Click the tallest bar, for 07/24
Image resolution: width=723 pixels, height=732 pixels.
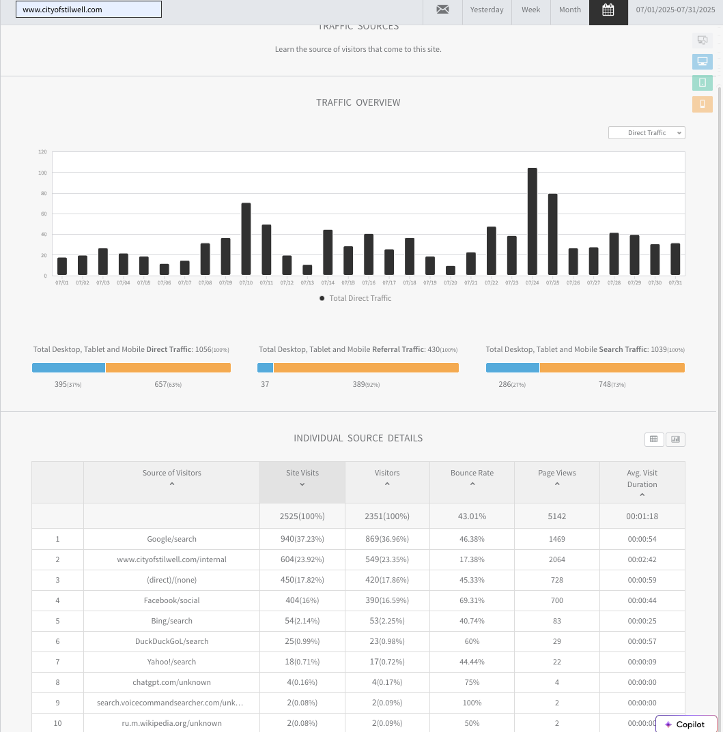click(x=533, y=222)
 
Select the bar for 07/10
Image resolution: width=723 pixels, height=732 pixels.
click(x=246, y=239)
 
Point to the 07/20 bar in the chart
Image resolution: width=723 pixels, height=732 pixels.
click(x=451, y=271)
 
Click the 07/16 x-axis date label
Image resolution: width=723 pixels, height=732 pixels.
click(x=369, y=282)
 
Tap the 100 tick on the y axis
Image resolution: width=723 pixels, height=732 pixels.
click(x=42, y=173)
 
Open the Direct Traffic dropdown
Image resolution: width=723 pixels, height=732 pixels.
click(x=647, y=133)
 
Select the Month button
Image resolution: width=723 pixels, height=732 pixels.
click(x=570, y=10)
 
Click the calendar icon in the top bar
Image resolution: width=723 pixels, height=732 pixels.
click(x=608, y=10)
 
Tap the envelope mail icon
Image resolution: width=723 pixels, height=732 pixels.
click(x=442, y=10)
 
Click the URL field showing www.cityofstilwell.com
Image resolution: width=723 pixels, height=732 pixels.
click(x=89, y=10)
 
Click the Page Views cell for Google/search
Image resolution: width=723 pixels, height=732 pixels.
click(x=557, y=539)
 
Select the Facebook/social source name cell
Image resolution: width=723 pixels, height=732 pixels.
click(x=171, y=600)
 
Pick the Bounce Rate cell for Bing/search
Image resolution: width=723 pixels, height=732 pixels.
click(x=472, y=621)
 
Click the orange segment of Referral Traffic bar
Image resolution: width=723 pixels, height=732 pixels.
click(x=366, y=368)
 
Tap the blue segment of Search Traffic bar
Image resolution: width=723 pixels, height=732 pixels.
click(x=513, y=368)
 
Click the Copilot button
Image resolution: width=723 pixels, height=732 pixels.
click(x=685, y=724)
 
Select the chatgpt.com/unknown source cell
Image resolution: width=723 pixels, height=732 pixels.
click(x=171, y=682)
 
